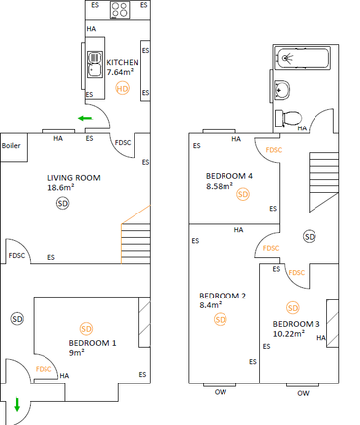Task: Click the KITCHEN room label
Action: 124,61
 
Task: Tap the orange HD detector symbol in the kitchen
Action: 123,88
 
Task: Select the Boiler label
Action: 11,145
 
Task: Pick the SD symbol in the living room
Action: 63,203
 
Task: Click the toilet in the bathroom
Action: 290,117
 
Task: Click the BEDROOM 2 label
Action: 223,296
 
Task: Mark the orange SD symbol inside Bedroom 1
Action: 85,327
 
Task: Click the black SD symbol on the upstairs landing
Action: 310,237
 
